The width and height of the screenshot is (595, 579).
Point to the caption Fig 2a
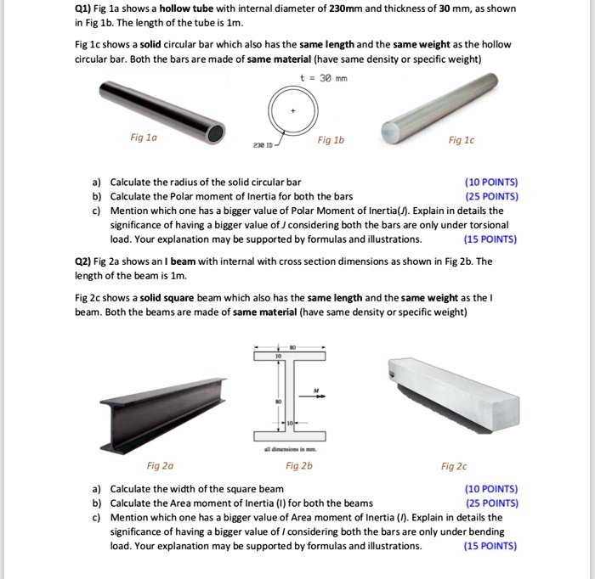coord(160,465)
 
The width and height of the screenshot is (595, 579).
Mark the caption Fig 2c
coord(455,466)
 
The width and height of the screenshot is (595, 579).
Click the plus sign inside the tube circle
coord(293,110)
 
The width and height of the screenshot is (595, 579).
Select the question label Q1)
coord(85,8)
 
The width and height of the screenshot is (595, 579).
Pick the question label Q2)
coord(85,261)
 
